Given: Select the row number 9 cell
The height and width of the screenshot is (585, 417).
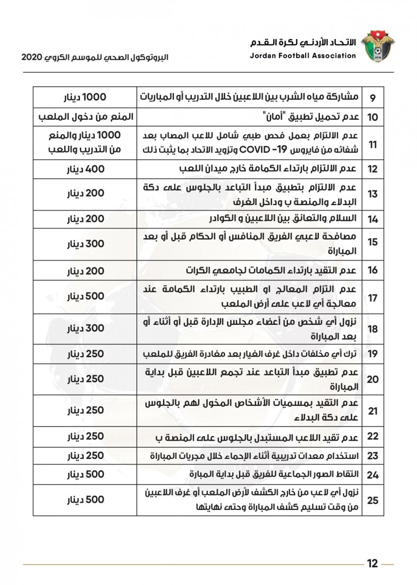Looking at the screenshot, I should pyautogui.click(x=372, y=98).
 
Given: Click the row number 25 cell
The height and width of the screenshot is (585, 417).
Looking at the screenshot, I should pyautogui.click(x=372, y=500).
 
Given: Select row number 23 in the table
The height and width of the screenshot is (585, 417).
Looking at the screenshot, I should pyautogui.click(x=372, y=456).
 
